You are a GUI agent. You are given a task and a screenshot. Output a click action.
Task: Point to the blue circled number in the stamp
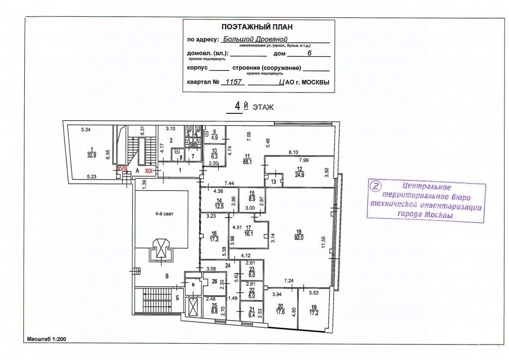(376, 186)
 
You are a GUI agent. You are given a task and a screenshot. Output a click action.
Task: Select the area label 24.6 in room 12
(299, 175)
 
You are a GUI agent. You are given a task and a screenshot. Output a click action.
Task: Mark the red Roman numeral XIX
(148, 170)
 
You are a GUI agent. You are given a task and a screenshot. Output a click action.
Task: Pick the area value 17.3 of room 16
(215, 239)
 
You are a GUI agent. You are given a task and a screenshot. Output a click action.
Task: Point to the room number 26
(214, 281)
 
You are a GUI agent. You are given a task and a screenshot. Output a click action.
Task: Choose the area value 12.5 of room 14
(220, 207)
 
